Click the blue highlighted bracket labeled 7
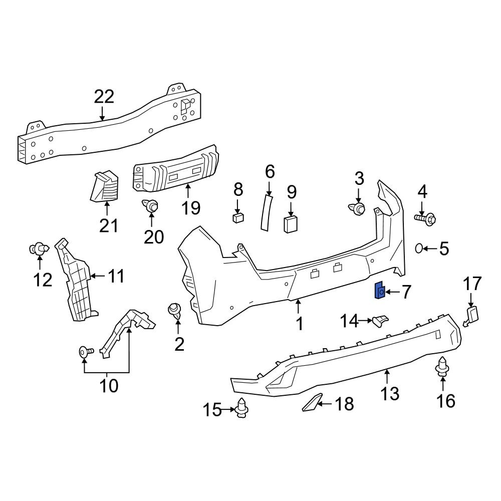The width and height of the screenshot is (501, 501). pyautogui.click(x=380, y=290)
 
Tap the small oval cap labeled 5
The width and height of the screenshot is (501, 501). pyautogui.click(x=420, y=248)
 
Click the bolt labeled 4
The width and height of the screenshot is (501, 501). pyautogui.click(x=425, y=218)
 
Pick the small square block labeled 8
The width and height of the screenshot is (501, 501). pyautogui.click(x=238, y=217)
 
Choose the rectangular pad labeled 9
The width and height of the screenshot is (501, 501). pyautogui.click(x=291, y=224)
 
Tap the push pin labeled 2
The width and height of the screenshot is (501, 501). pyautogui.click(x=175, y=310)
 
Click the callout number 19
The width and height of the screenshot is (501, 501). pyautogui.click(x=191, y=207)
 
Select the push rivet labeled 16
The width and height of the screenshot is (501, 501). pyautogui.click(x=442, y=366)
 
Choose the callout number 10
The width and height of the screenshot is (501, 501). pyautogui.click(x=109, y=386)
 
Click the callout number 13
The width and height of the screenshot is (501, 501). pyautogui.click(x=390, y=393)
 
